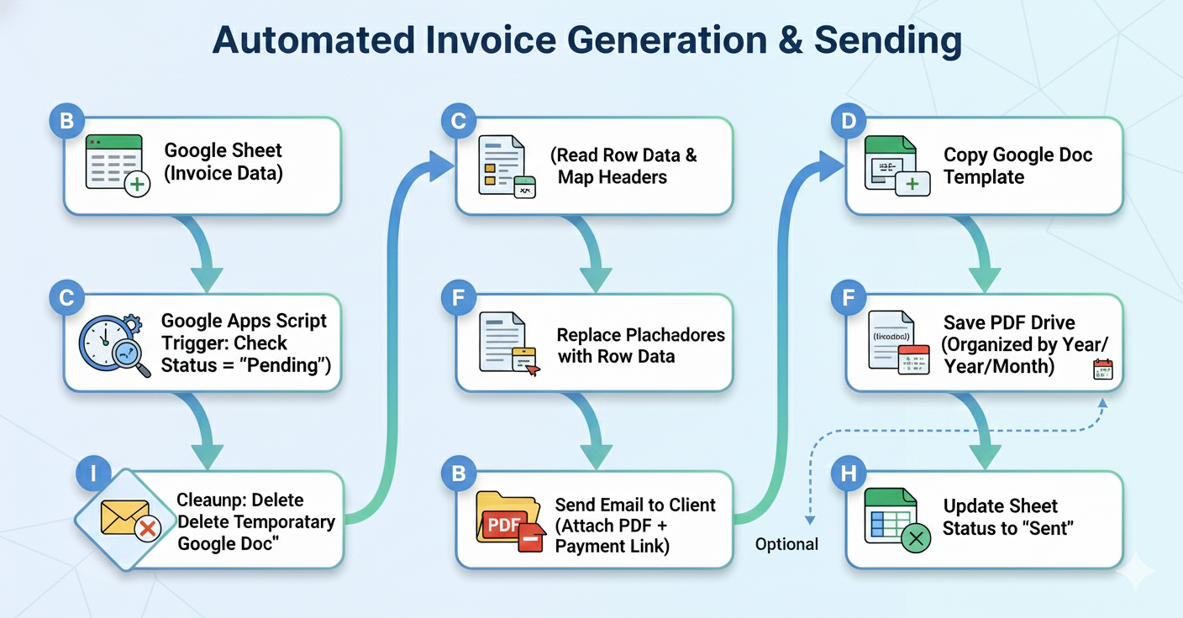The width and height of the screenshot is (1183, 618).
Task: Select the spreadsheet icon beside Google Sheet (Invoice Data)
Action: tap(117, 164)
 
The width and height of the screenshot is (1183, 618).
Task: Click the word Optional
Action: tap(786, 544)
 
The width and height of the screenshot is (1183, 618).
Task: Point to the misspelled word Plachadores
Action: tap(677, 335)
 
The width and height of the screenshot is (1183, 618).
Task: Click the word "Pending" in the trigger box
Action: tap(286, 365)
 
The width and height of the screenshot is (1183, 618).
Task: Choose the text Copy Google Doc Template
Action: tap(1017, 165)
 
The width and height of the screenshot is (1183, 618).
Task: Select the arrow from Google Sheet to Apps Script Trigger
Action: tap(206, 253)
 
